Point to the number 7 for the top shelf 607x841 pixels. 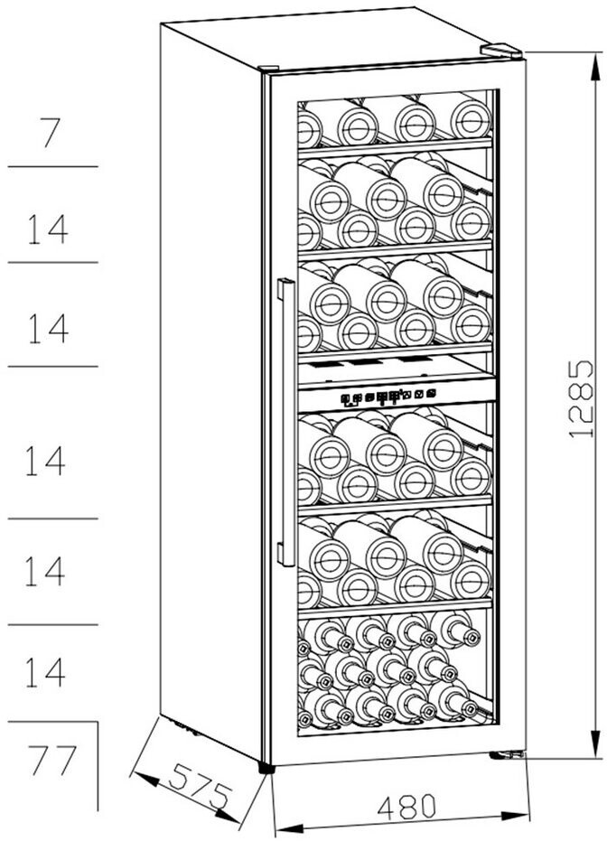click(x=51, y=134)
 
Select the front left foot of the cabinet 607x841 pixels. click(x=266, y=767)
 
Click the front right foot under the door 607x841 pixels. click(x=506, y=754)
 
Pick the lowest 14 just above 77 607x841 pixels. click(x=45, y=671)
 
